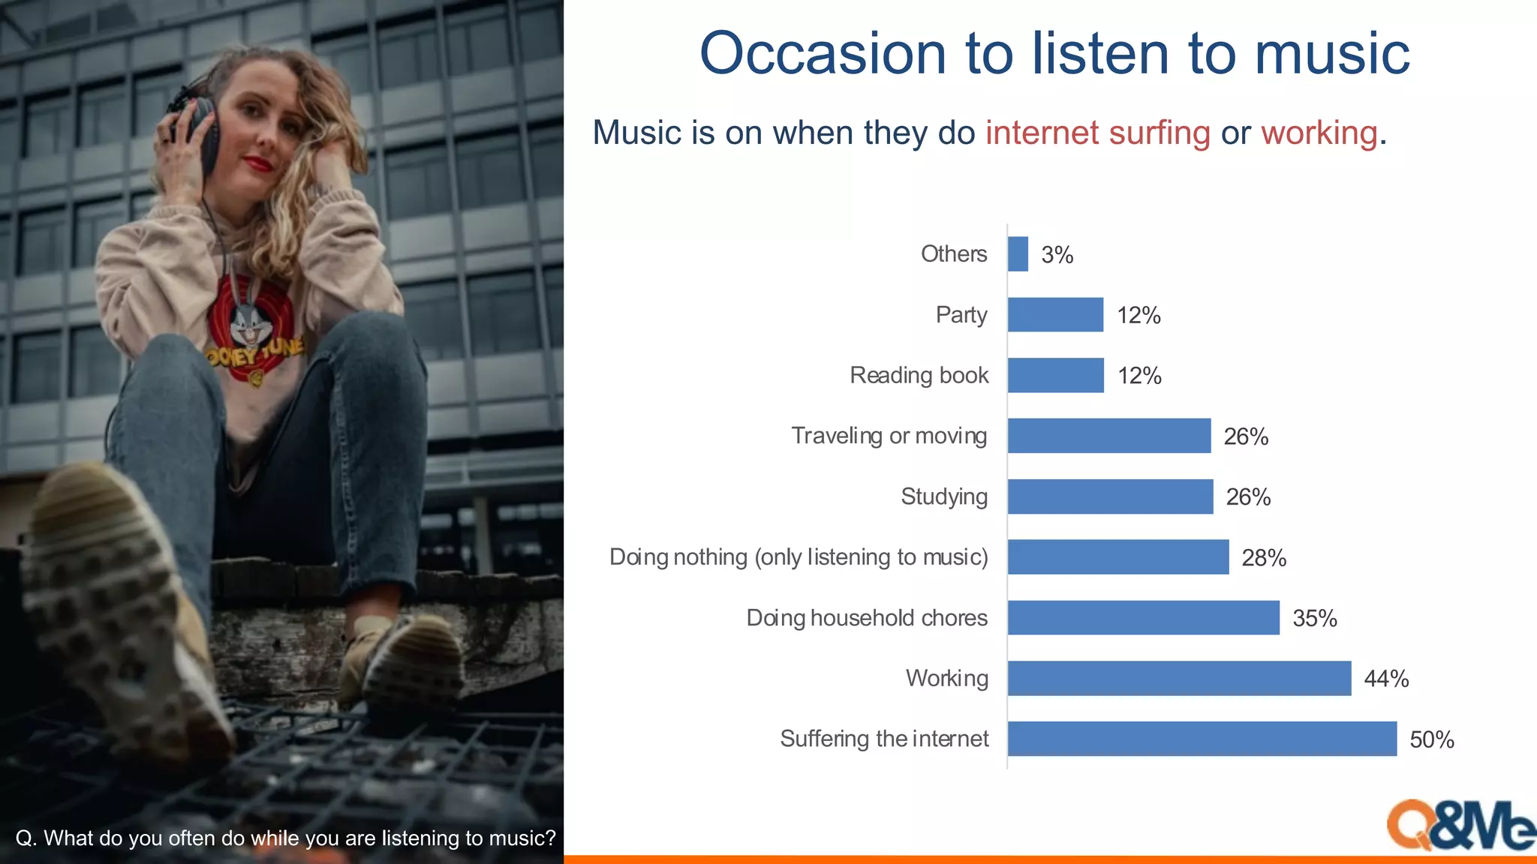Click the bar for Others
(x=1018, y=254)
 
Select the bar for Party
(x=1055, y=315)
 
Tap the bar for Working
(x=1179, y=678)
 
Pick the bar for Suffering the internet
(x=1202, y=739)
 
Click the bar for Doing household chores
(x=1143, y=618)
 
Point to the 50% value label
(x=1431, y=740)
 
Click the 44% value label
(x=1385, y=679)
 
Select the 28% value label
(x=1263, y=558)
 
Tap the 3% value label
(x=1057, y=255)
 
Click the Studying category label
(x=943, y=496)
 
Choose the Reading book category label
(x=919, y=375)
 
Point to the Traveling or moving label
(x=889, y=436)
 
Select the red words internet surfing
(x=1097, y=133)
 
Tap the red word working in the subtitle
(x=1319, y=133)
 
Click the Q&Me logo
(x=1459, y=825)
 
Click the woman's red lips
(x=258, y=163)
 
